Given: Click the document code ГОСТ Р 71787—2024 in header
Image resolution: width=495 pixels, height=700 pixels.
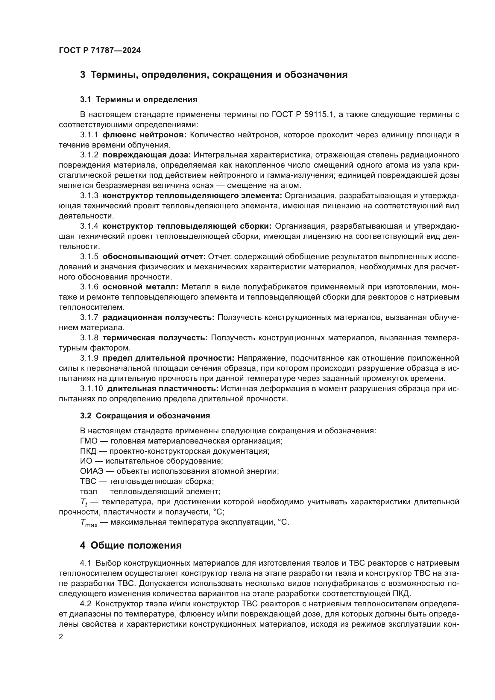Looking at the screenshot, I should (x=100, y=51).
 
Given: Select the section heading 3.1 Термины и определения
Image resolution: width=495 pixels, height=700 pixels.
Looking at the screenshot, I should (x=139, y=99).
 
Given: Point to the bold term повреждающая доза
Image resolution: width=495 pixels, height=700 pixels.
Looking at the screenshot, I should (x=147, y=155).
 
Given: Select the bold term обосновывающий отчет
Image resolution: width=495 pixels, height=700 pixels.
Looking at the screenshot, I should (x=154, y=256).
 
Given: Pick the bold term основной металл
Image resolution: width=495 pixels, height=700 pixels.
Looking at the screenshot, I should (x=140, y=287).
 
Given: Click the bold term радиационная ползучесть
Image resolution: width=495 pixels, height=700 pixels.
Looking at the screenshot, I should (x=158, y=317).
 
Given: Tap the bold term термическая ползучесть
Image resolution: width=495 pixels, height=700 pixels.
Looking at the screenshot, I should (x=155, y=338).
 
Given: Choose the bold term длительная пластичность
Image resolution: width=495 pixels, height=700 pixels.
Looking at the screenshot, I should (x=163, y=388).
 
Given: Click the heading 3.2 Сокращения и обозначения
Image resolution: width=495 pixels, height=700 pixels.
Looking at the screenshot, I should (x=145, y=416).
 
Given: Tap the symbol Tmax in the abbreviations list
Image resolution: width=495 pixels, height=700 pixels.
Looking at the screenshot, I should (x=89, y=523).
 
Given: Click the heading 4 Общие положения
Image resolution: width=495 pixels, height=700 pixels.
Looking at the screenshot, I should (x=131, y=546).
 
